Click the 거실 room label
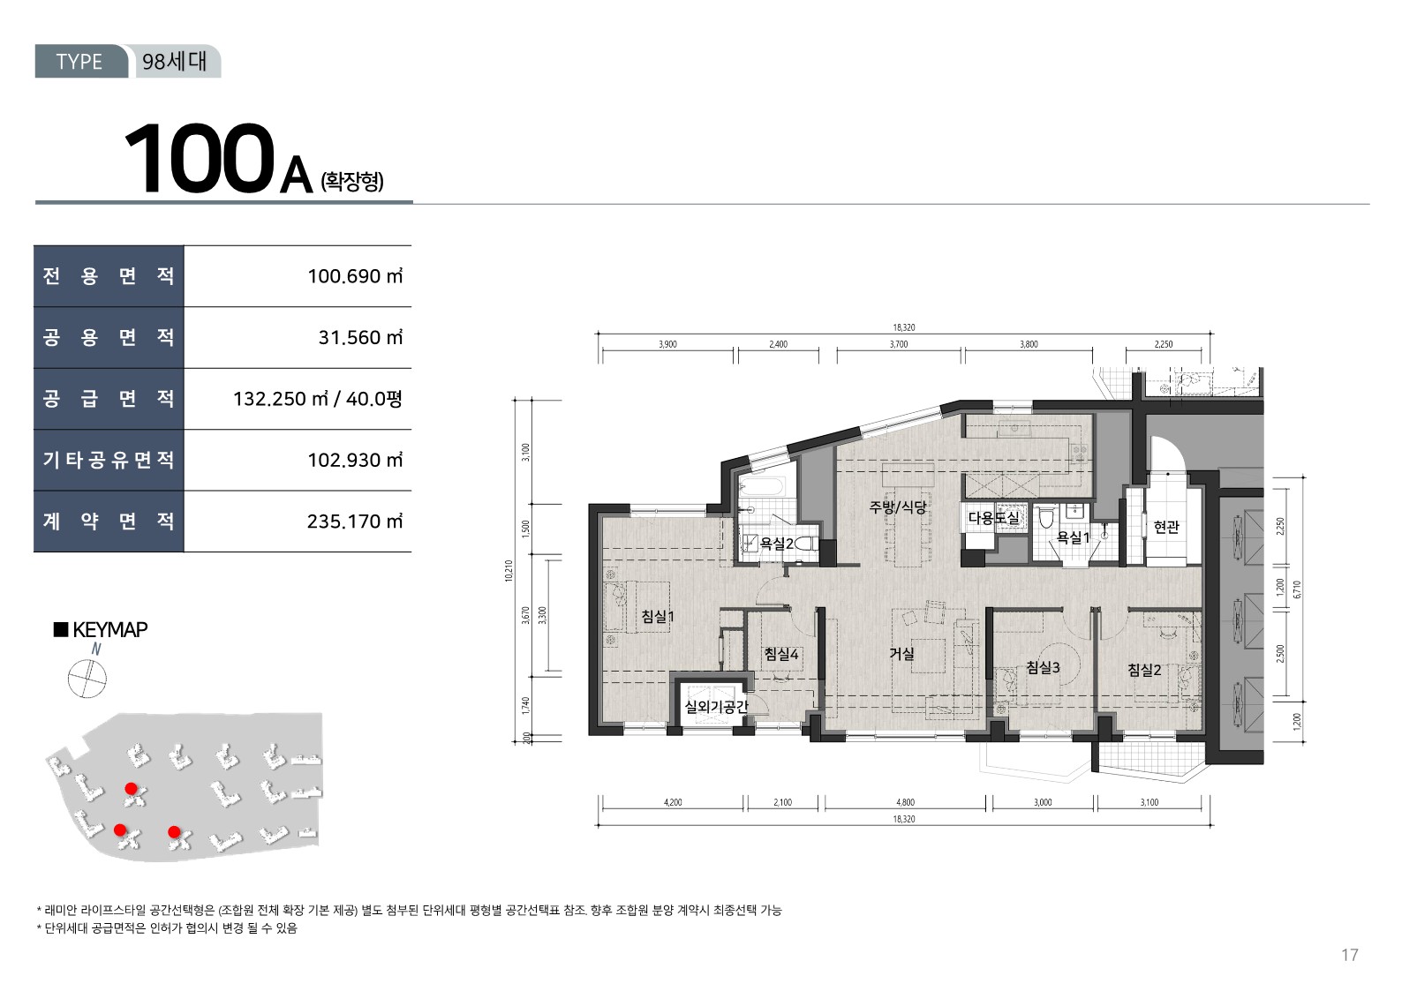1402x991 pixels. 902,654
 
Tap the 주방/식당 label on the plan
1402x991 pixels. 898,507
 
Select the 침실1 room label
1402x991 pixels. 658,616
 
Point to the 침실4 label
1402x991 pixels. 781,655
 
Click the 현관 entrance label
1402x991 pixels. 1166,527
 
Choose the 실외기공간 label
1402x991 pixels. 717,707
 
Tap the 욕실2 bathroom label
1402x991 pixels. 777,544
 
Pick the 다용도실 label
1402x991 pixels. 994,517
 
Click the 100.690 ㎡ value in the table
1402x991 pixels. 355,276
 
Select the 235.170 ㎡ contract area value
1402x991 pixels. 355,522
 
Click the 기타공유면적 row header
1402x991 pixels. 109,460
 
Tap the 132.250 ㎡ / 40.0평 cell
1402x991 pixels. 318,399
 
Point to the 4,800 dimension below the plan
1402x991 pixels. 905,802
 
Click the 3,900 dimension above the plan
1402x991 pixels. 667,344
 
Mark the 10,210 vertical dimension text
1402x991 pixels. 509,571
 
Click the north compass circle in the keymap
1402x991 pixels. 87,679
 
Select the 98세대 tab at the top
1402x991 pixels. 174,61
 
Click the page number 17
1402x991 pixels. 1350,955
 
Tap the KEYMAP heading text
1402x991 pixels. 110,629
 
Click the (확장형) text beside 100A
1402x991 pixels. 351,182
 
